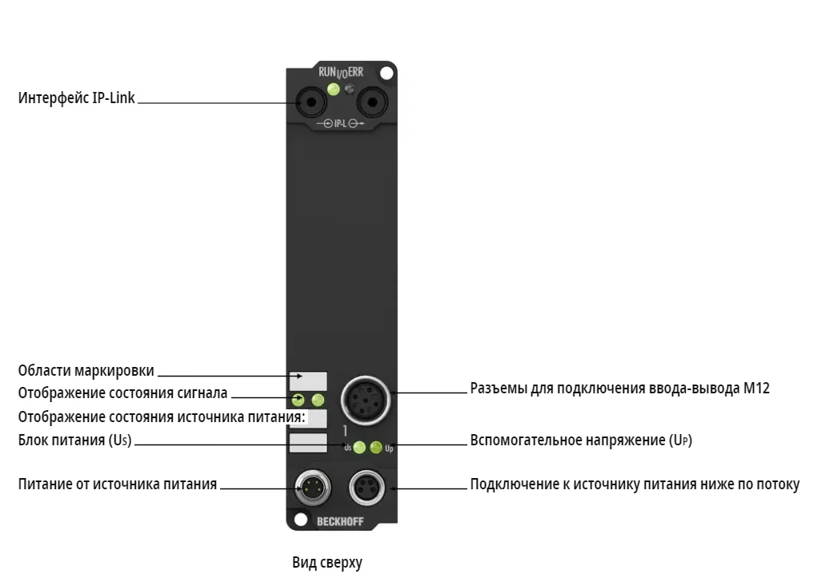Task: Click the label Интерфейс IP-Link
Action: coord(77,98)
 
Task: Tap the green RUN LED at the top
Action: coord(333,89)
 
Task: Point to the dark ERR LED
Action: coord(350,89)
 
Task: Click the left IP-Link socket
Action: coord(310,102)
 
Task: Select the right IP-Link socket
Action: coord(372,102)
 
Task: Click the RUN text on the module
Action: coord(327,72)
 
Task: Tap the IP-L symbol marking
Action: coord(340,124)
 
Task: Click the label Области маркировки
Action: coord(86,371)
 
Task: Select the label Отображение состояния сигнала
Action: coord(122,393)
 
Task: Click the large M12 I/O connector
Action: coord(366,401)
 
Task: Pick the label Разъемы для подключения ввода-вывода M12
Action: coord(619,389)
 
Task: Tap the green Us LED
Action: coord(359,448)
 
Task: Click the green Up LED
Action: coord(376,448)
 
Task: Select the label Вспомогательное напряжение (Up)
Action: coord(581,440)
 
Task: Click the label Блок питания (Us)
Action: coord(74,440)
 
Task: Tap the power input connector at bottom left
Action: coord(312,487)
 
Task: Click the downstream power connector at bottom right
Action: coord(367,487)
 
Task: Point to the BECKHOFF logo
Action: coord(340,521)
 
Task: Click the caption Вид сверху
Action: coord(327,563)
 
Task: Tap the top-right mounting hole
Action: coord(386,73)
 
